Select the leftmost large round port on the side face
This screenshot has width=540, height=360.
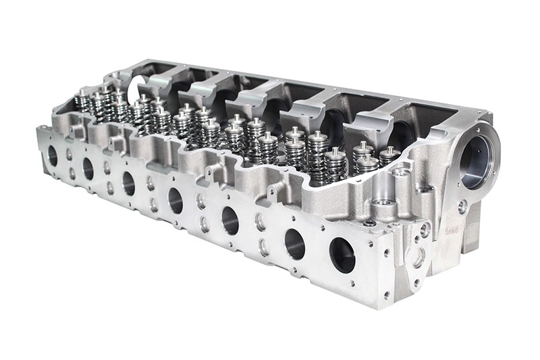click(x=53, y=156)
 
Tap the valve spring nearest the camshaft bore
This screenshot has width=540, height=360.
click(x=389, y=157)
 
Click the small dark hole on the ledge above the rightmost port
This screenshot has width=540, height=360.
click(x=369, y=223)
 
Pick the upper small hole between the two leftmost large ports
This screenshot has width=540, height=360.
click(x=70, y=155)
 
